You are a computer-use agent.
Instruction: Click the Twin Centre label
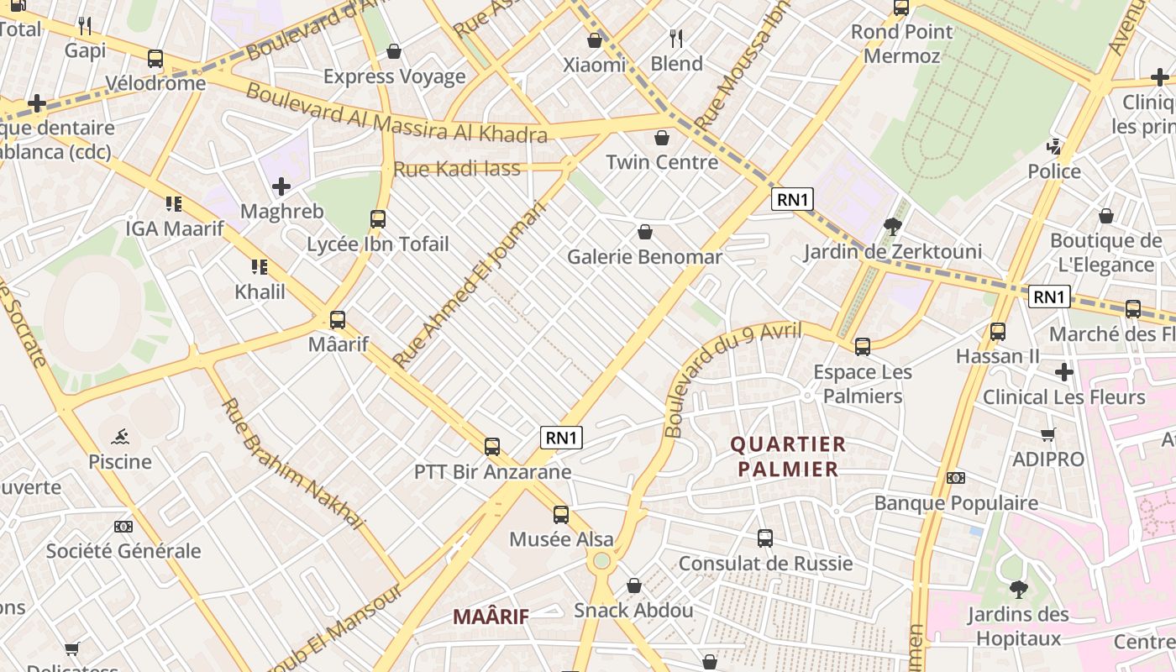click(x=662, y=162)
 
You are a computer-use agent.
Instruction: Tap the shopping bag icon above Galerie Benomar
click(x=645, y=232)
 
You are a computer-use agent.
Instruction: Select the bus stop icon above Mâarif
click(x=338, y=320)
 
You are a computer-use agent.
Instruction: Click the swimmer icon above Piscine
click(x=120, y=436)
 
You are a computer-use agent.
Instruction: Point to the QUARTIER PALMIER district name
click(x=788, y=457)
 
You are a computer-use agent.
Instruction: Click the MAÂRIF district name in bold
click(x=491, y=617)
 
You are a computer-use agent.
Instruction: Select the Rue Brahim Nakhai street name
click(x=293, y=464)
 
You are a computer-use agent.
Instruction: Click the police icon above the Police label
click(x=1054, y=147)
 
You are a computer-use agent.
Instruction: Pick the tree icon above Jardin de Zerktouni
click(x=892, y=226)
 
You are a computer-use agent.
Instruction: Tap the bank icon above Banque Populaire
click(x=956, y=478)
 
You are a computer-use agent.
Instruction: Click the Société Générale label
click(x=123, y=551)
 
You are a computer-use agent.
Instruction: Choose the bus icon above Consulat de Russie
click(x=765, y=538)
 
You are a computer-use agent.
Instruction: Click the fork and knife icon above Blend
click(x=676, y=38)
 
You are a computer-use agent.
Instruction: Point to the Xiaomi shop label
click(x=595, y=65)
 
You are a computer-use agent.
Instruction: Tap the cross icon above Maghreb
click(x=281, y=186)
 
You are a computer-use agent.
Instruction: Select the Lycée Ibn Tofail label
click(x=378, y=244)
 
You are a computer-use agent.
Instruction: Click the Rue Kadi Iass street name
click(x=457, y=169)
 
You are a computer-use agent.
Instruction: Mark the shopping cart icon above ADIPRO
click(x=1047, y=434)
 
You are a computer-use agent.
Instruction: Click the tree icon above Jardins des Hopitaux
click(x=1018, y=589)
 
